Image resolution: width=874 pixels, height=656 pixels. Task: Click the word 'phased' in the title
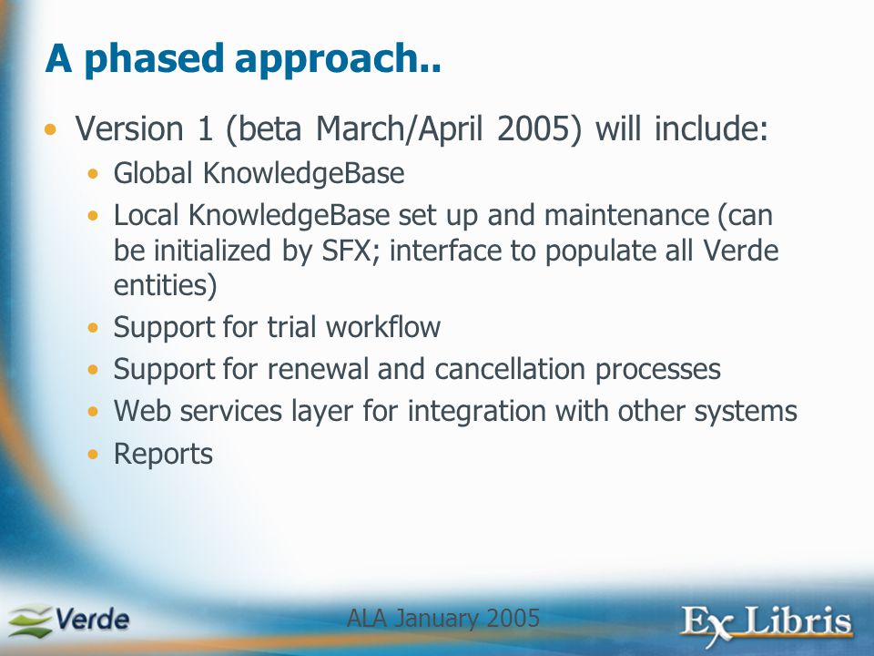click(154, 59)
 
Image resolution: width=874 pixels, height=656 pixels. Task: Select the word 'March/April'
click(400, 129)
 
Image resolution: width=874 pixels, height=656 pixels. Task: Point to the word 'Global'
click(153, 173)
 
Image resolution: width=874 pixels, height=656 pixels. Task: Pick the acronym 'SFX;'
click(347, 251)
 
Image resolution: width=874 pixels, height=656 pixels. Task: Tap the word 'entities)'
click(166, 285)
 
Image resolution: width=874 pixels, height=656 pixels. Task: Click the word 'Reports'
click(163, 455)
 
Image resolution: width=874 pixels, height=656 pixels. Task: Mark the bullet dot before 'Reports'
click(93, 455)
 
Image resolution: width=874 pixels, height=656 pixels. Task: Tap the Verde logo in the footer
click(68, 620)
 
